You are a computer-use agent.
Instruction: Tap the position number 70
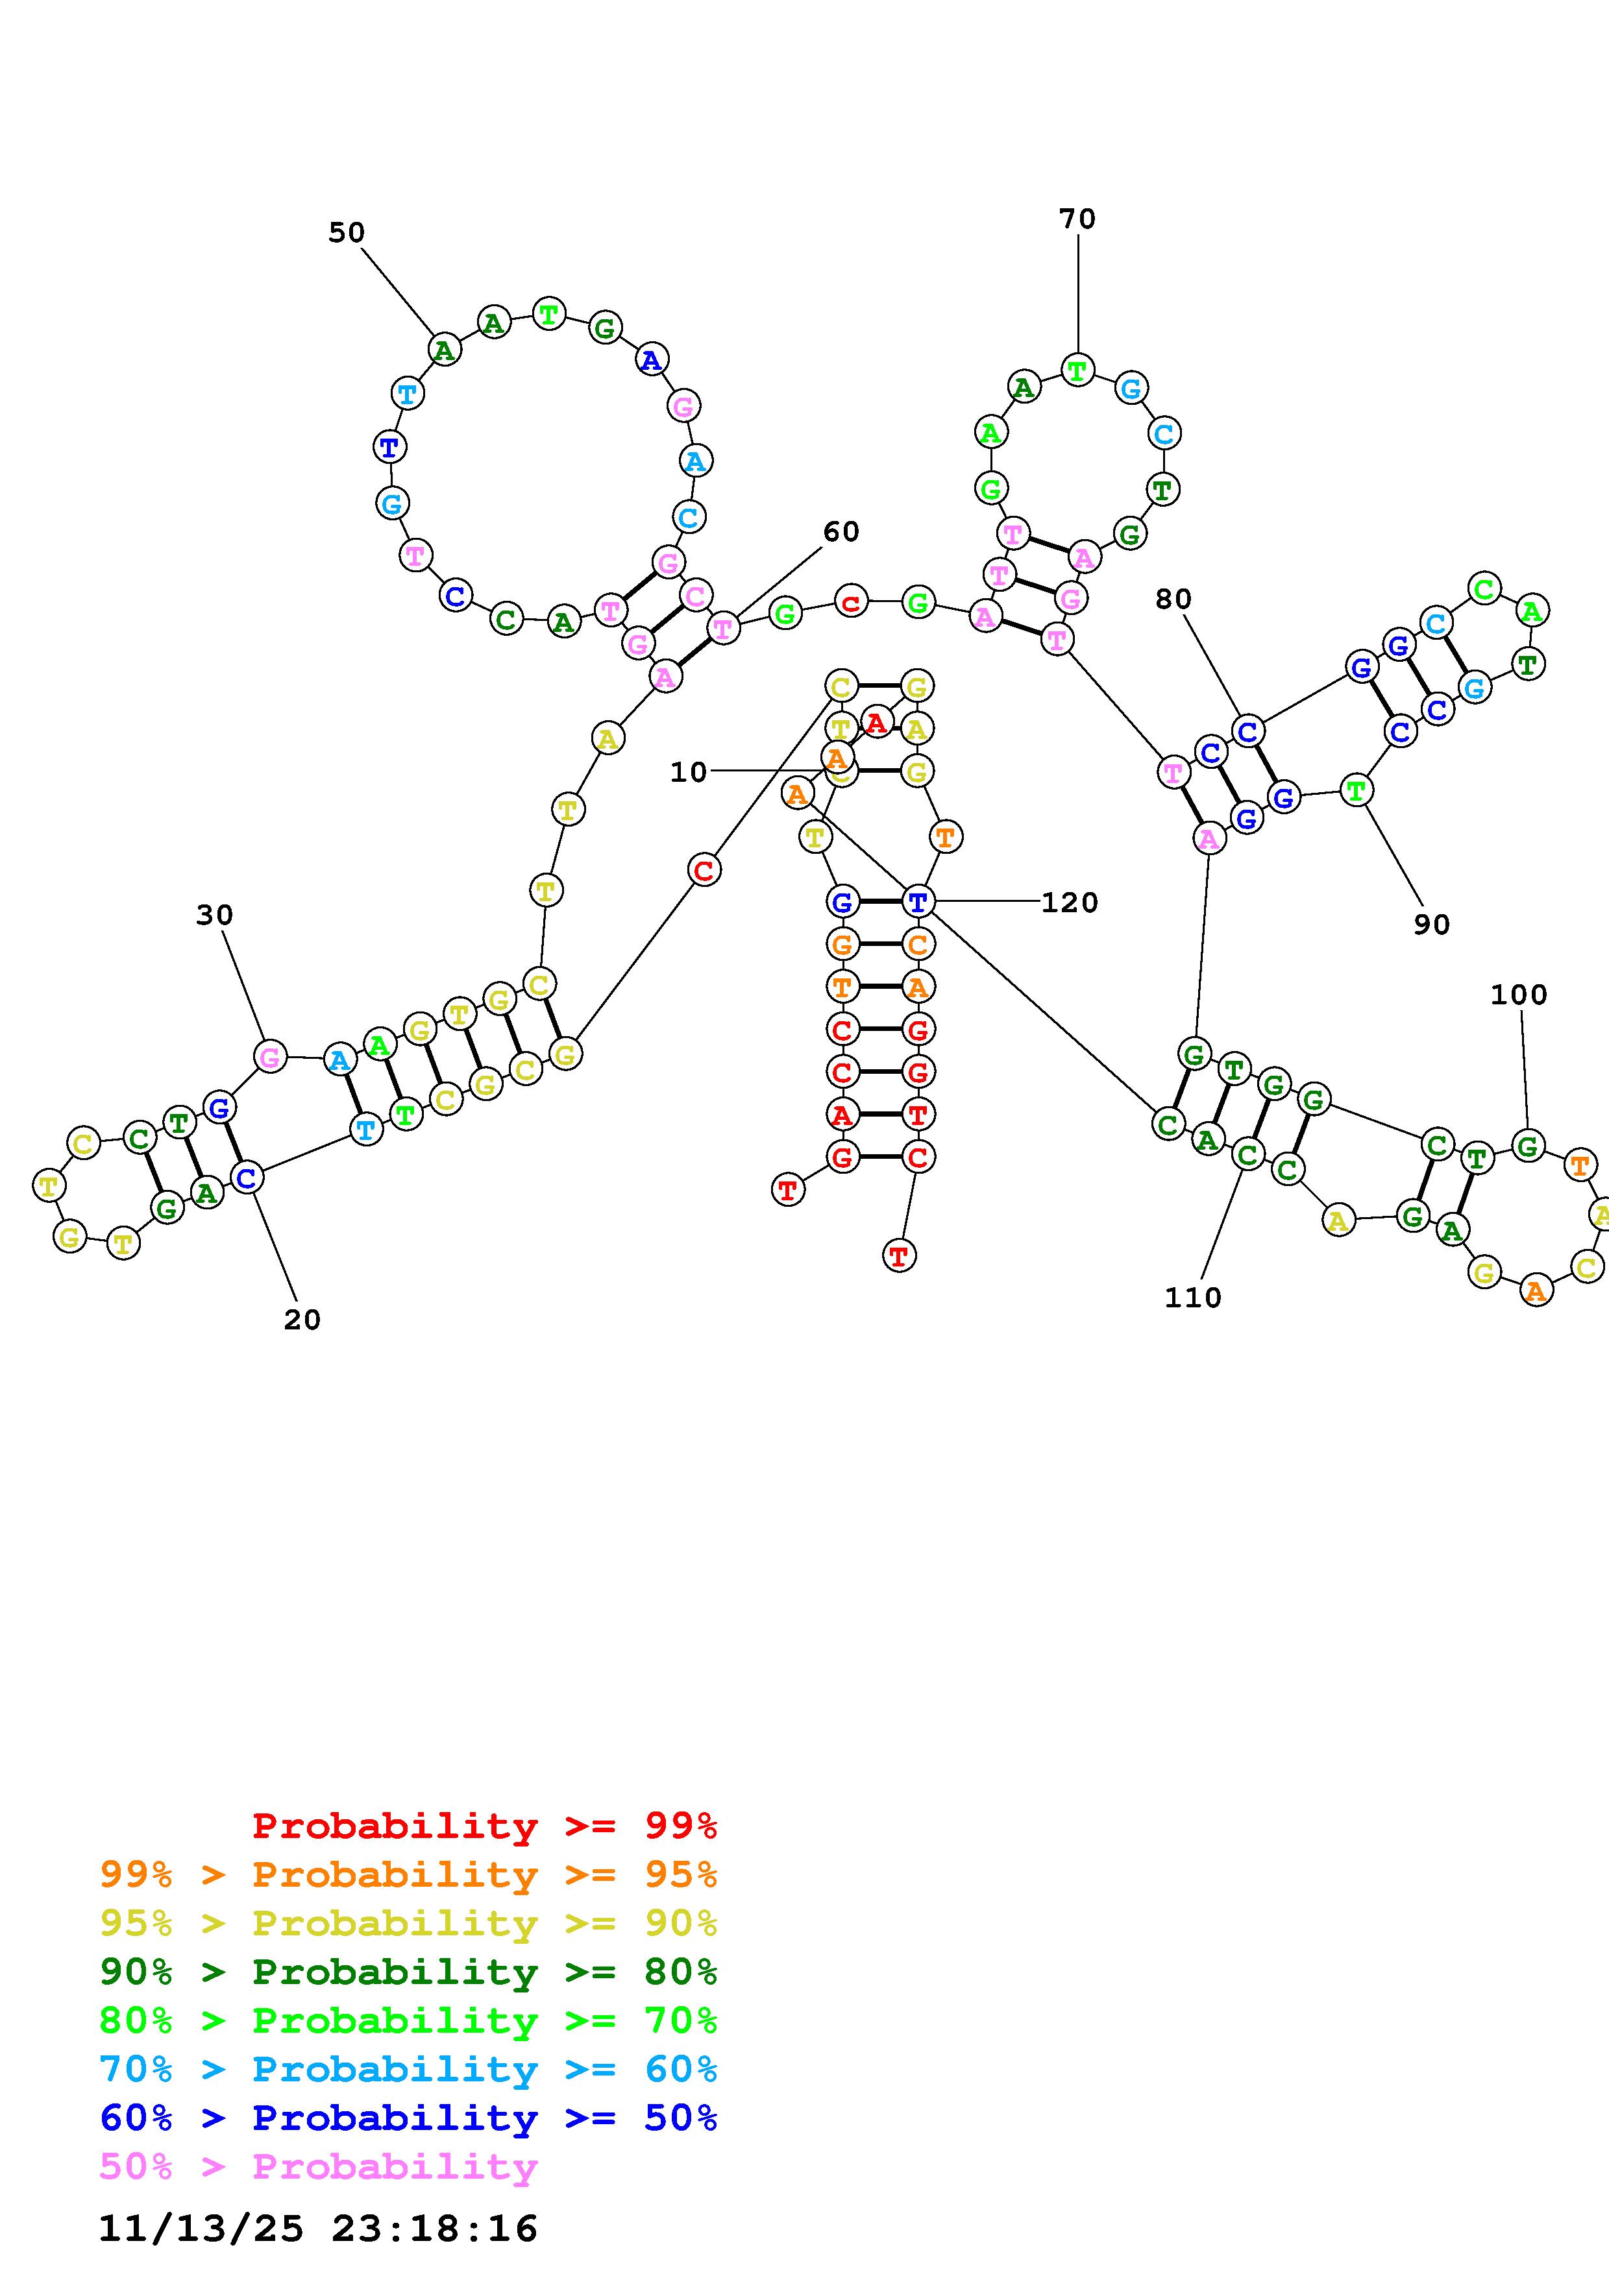[1077, 219]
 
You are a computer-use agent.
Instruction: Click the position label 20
[302, 1320]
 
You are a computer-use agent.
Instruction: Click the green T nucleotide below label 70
[1077, 370]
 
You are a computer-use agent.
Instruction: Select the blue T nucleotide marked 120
[917, 902]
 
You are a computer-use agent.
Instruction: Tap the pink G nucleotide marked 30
[269, 1057]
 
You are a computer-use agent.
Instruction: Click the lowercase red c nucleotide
[851, 601]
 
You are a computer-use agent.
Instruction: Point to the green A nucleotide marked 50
[444, 350]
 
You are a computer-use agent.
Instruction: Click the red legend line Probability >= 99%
[484, 1826]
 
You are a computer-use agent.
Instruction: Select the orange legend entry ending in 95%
[408, 1874]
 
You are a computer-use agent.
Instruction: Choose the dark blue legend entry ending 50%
[408, 2118]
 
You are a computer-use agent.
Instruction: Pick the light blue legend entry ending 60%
[408, 2069]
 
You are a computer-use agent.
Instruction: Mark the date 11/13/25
[201, 2229]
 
